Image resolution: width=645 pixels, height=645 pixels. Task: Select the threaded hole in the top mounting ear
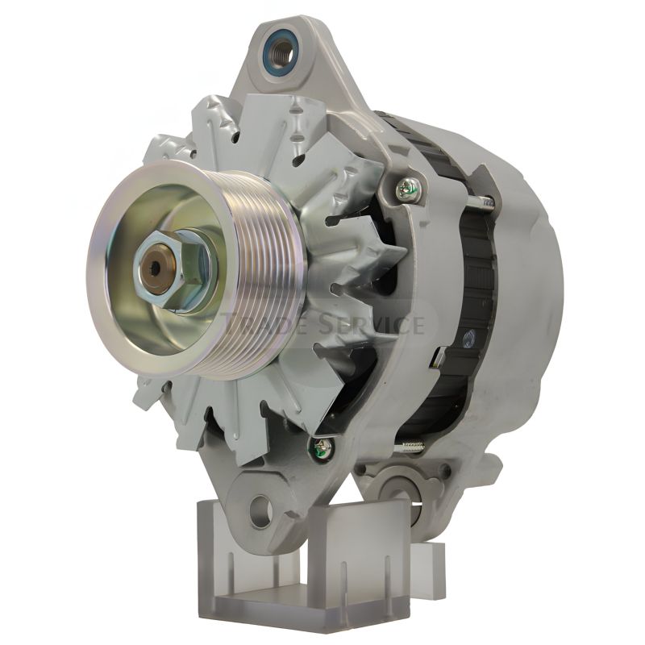click(x=282, y=52)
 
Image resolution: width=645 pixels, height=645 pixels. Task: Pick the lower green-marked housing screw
click(x=319, y=447)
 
